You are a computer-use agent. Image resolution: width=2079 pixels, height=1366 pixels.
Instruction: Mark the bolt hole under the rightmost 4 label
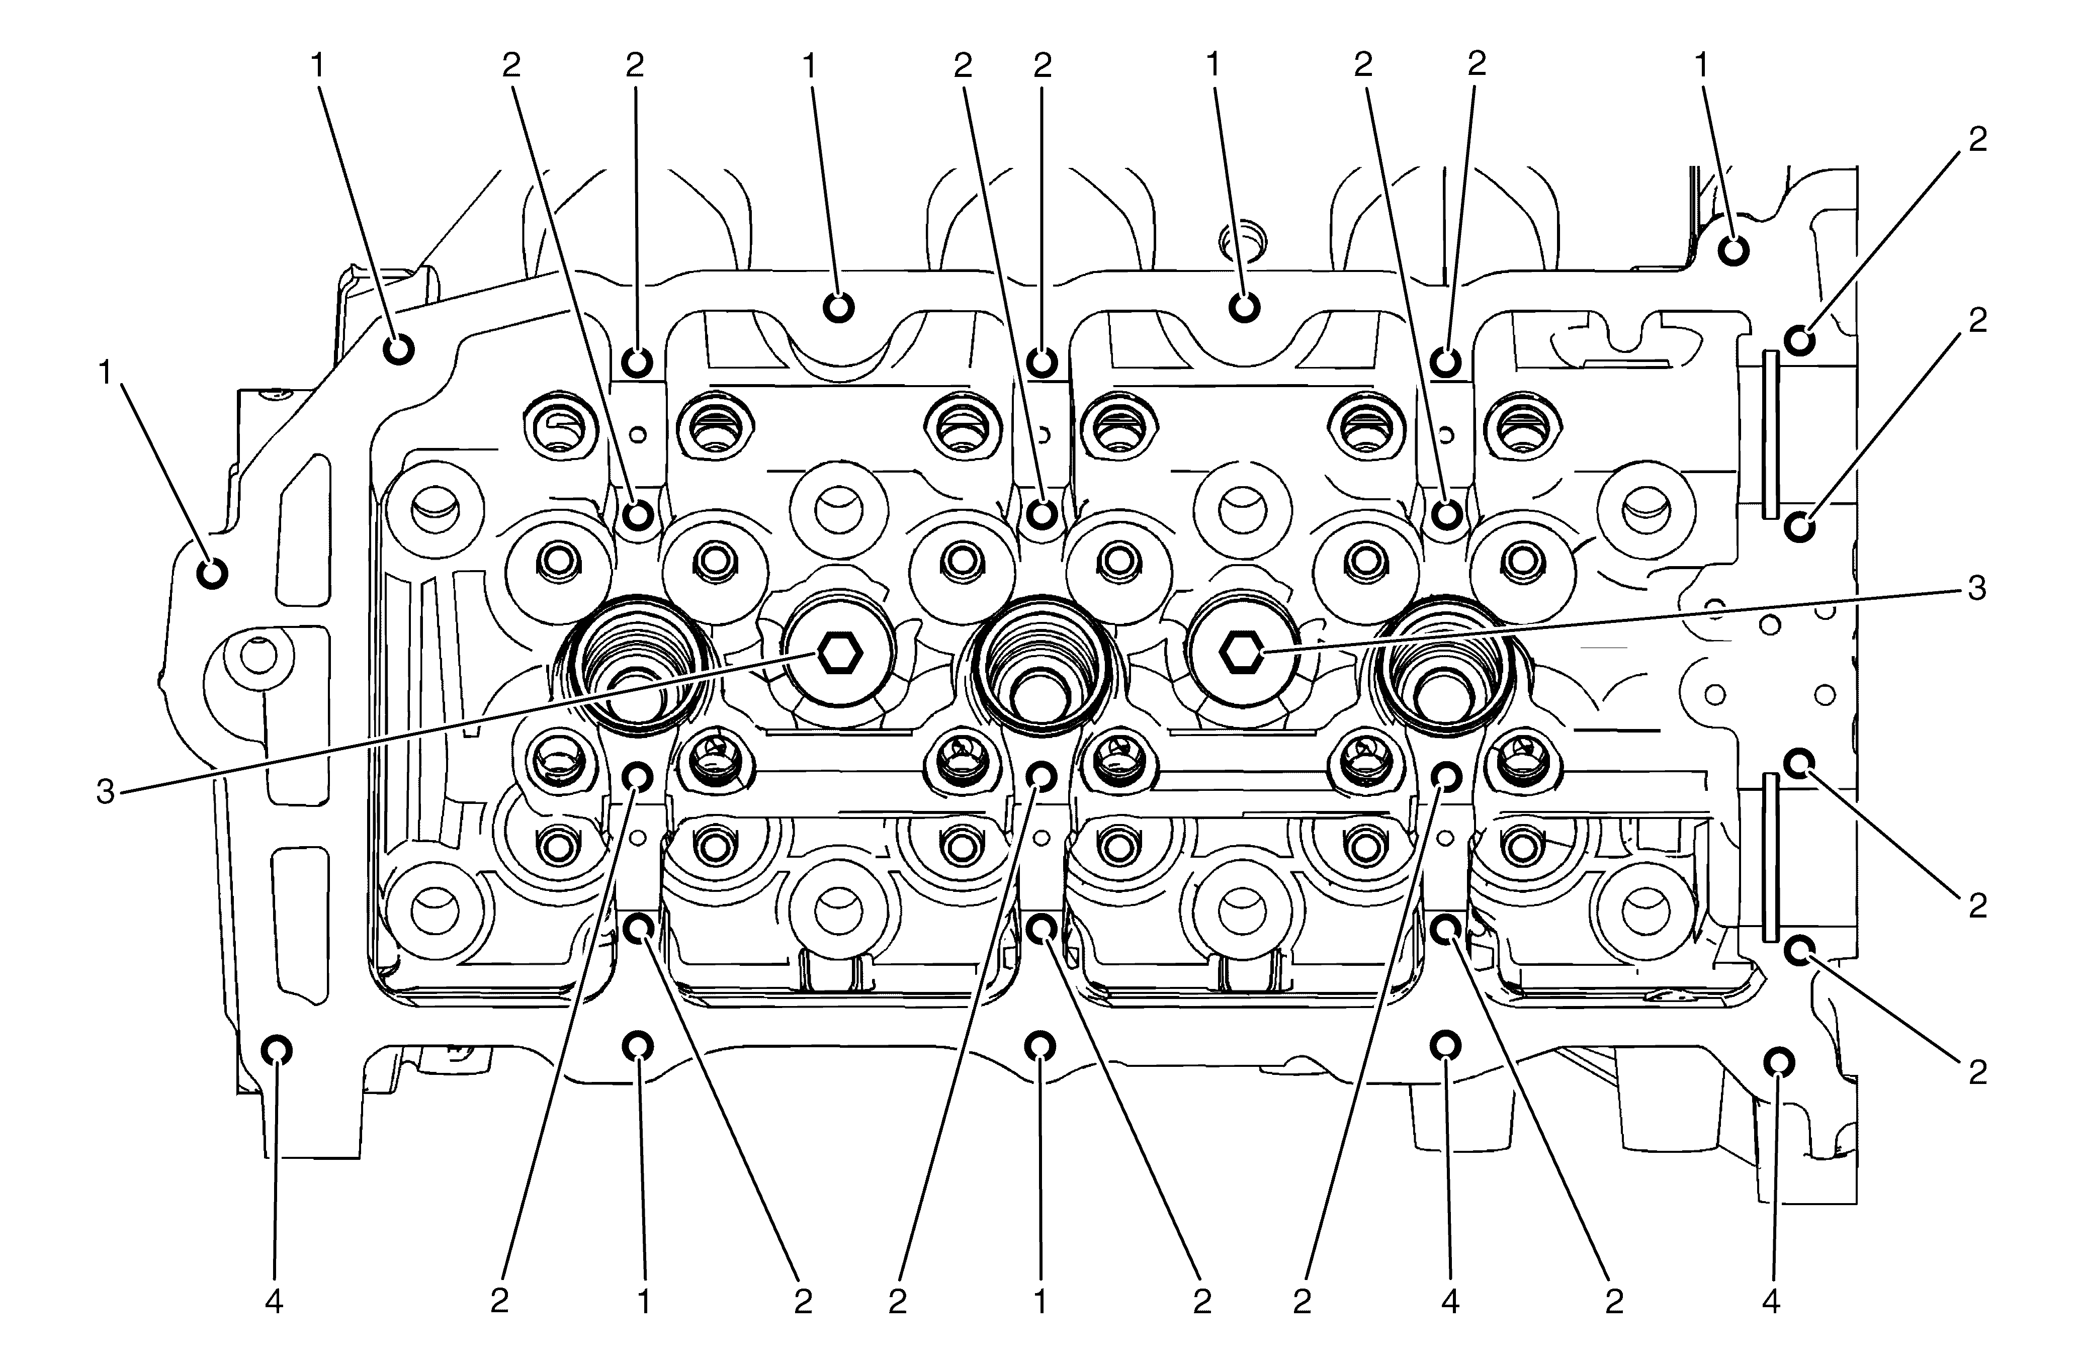click(1778, 1061)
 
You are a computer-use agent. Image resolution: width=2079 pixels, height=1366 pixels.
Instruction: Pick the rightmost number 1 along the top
click(1702, 65)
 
